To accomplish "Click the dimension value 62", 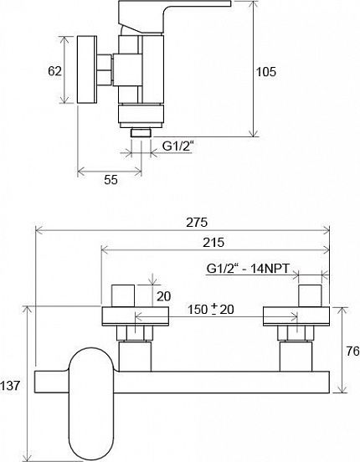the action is tap(55, 71).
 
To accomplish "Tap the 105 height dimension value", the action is tap(266, 72).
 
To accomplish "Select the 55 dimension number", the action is tap(111, 180).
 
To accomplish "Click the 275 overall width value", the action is tap(197, 223).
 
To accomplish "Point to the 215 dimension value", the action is tap(213, 243).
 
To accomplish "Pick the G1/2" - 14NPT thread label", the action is tap(249, 269).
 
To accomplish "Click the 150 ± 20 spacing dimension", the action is tap(211, 310).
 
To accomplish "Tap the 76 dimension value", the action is tap(352, 351).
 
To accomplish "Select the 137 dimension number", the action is tap(10, 386).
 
